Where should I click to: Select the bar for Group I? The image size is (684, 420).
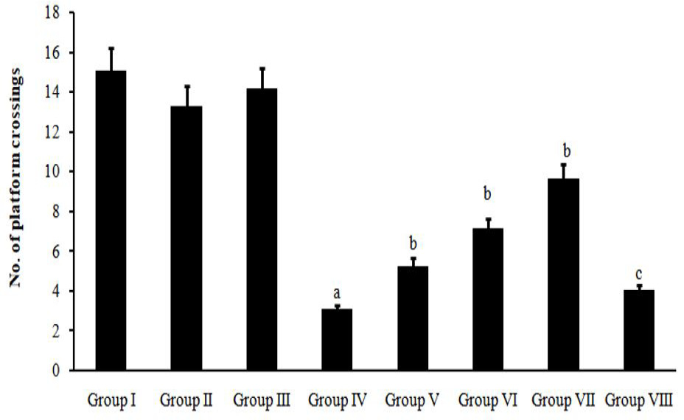click(x=111, y=220)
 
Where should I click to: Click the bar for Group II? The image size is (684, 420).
click(x=186, y=238)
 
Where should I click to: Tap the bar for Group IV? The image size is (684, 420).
click(x=337, y=340)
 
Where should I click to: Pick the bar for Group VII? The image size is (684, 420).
click(x=564, y=275)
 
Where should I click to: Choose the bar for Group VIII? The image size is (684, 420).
click(x=639, y=330)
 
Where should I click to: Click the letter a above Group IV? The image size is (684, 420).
click(x=337, y=293)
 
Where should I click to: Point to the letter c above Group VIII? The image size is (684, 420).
click(x=638, y=274)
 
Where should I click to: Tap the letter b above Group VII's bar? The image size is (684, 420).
click(x=567, y=151)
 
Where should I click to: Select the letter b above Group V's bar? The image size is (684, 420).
click(x=413, y=243)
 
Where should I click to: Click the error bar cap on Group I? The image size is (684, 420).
click(x=111, y=48)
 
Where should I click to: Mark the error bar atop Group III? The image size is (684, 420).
click(x=262, y=78)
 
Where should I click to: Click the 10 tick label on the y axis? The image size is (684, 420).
click(x=52, y=171)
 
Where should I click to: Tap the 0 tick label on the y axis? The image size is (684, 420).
click(x=56, y=371)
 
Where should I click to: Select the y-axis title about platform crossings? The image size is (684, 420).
click(x=15, y=178)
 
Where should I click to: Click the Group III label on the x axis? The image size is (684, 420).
click(x=262, y=400)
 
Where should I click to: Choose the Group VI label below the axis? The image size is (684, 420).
click(x=488, y=400)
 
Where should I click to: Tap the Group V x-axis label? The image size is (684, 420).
click(x=412, y=400)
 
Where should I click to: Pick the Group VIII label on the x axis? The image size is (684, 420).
click(x=639, y=400)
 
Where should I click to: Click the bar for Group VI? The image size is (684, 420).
click(x=488, y=300)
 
